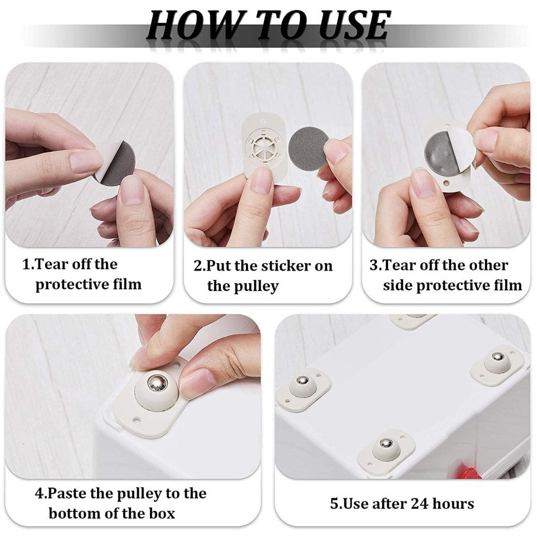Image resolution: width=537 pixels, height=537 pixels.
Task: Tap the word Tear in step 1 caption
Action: point(50,264)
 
